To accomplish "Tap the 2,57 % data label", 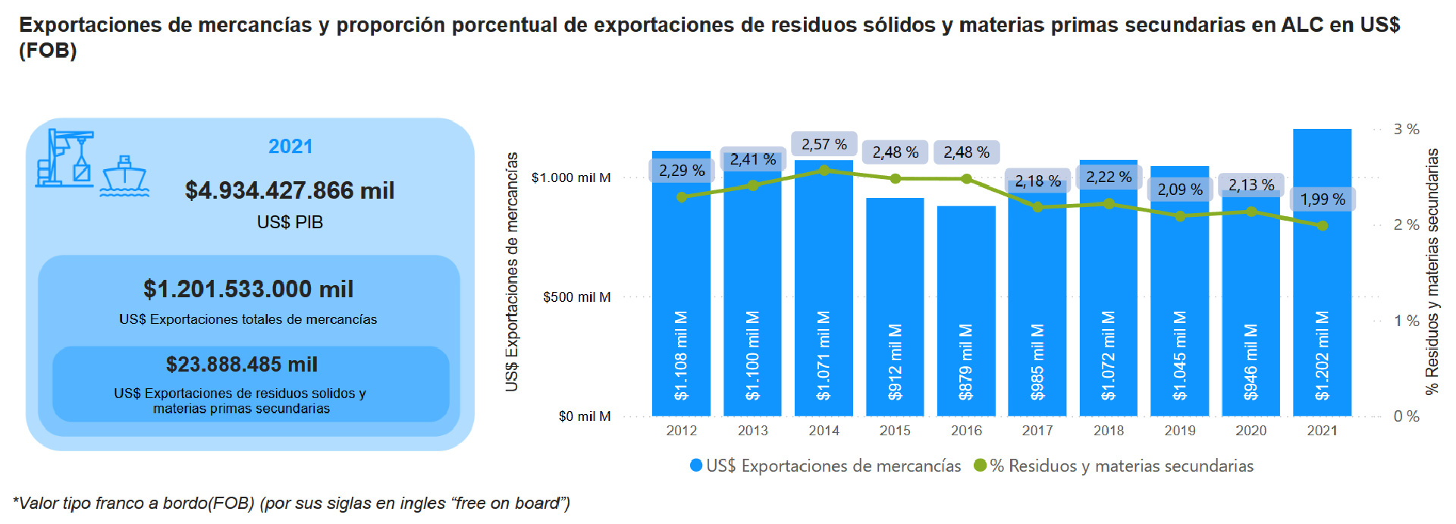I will pyautogui.click(x=824, y=144).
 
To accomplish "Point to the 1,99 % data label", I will pyautogui.click(x=1323, y=199).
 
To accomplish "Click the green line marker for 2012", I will pyautogui.click(x=682, y=197).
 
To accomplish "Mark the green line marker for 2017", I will pyautogui.click(x=1037, y=206).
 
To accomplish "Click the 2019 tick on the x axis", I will pyautogui.click(x=1180, y=431).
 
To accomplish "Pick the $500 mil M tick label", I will pyautogui.click(x=577, y=297).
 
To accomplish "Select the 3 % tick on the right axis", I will pyautogui.click(x=1406, y=130).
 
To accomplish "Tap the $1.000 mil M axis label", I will pyautogui.click(x=571, y=178).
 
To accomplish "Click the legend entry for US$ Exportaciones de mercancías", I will pyautogui.click(x=825, y=466).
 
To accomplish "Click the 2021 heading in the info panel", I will pyautogui.click(x=290, y=146).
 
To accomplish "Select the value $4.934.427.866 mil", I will pyautogui.click(x=290, y=190).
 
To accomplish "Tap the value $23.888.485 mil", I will pyautogui.click(x=242, y=365).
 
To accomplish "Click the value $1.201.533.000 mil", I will pyautogui.click(x=248, y=289).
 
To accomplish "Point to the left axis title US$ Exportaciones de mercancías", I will pyautogui.click(x=513, y=271).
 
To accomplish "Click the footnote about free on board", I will pyautogui.click(x=291, y=504).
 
